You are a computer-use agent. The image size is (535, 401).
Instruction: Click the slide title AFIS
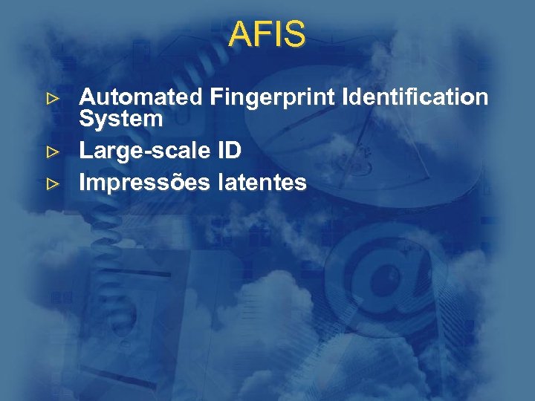pyautogui.click(x=267, y=34)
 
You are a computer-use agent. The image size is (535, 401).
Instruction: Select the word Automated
pyautogui.click(x=141, y=97)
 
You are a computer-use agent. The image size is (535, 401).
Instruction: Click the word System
pyautogui.click(x=120, y=119)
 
